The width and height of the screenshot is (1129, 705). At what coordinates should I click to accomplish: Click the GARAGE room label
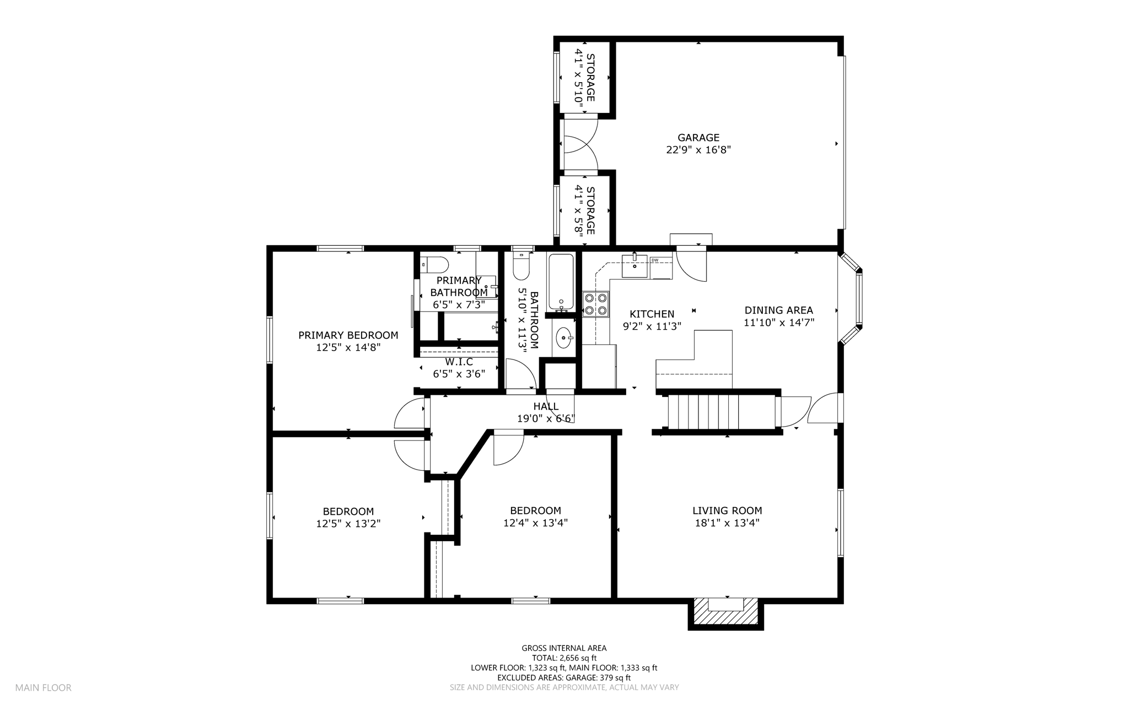698,137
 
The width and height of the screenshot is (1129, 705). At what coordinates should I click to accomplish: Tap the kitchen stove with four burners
596,304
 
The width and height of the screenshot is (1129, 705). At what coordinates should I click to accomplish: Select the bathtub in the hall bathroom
561,282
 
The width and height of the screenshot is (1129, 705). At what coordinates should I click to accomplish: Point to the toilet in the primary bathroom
434,265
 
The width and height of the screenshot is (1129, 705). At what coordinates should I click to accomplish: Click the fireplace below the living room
725,613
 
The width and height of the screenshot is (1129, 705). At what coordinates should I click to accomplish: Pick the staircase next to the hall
703,411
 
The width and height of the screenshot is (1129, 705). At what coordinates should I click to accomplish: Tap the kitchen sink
635,266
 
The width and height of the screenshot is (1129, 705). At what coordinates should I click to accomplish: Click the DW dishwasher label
655,260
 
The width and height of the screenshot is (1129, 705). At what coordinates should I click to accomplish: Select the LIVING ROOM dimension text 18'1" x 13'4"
727,523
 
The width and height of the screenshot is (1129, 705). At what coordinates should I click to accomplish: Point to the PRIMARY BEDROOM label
348,335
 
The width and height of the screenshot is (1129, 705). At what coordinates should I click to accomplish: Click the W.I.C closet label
459,362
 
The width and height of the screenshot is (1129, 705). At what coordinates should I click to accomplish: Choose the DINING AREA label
779,310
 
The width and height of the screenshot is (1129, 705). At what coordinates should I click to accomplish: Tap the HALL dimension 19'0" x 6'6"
546,418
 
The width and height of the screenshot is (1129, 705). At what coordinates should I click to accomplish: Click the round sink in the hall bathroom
563,337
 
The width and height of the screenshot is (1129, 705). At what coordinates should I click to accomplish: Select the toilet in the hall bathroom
521,266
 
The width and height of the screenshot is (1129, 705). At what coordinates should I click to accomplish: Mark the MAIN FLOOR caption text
43,688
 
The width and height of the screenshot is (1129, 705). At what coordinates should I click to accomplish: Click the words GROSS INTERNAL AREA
564,648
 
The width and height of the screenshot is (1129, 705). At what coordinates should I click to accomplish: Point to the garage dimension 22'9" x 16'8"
698,149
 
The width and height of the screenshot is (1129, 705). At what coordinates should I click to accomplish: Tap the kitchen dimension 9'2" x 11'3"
652,326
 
